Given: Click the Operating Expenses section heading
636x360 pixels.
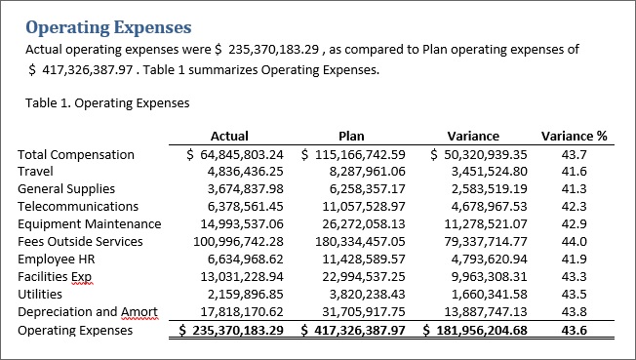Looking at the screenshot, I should click(107, 27).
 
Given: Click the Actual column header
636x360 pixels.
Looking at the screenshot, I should click(229, 137).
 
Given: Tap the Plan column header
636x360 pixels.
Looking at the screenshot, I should click(351, 137).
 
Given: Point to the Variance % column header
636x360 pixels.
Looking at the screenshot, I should click(574, 137).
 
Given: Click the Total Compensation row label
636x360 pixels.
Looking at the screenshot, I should click(76, 154).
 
